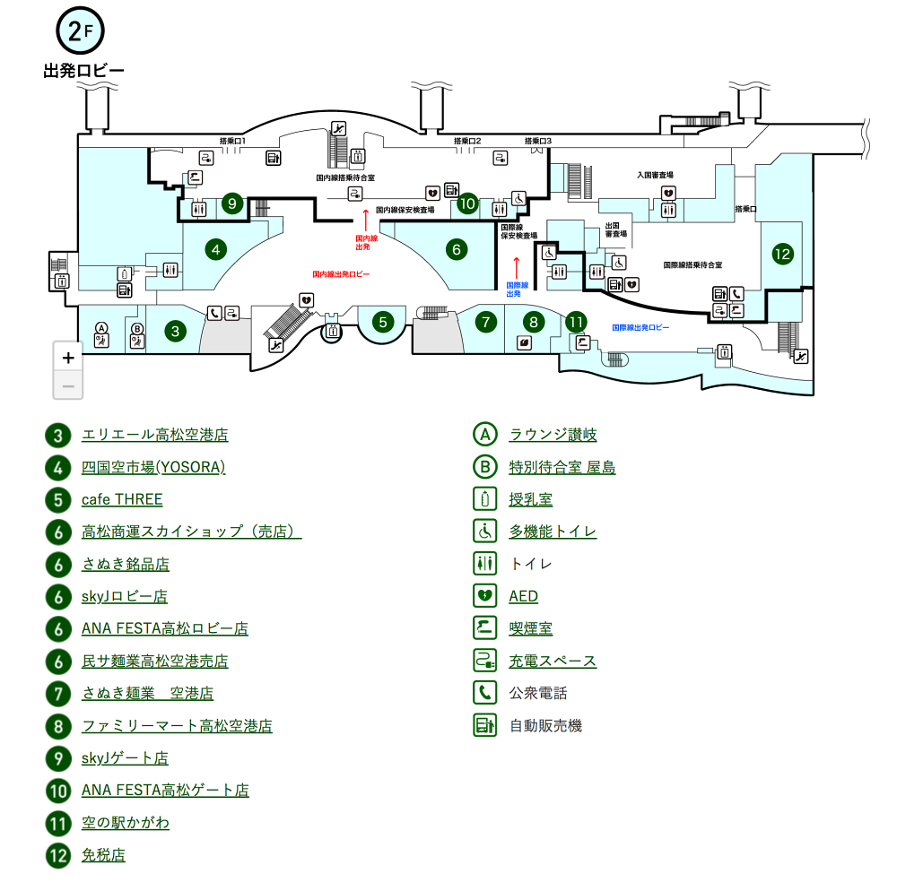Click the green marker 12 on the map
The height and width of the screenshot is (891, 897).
(782, 254)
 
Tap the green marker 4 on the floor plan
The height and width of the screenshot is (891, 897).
(214, 248)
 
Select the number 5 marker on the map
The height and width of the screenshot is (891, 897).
(383, 321)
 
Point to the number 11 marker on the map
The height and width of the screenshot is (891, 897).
(576, 321)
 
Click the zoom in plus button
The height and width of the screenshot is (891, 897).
(68, 356)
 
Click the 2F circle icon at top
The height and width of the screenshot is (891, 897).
(81, 32)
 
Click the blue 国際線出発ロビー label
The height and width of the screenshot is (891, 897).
(640, 328)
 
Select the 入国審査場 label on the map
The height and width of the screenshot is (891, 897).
(655, 176)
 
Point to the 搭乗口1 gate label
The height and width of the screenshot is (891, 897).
(232, 141)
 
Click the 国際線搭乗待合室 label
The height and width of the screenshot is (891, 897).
(692, 265)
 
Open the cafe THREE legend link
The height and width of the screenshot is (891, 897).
(122, 499)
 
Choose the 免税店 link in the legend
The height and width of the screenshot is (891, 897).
(103, 854)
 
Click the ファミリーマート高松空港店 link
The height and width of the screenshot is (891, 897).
(177, 725)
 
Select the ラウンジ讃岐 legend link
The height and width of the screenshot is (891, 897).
(553, 435)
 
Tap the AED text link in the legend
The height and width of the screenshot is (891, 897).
(523, 596)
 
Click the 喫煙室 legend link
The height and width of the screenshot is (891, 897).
(531, 628)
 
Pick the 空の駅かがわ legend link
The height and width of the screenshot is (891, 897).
(125, 822)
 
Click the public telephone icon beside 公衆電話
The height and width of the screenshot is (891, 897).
(484, 693)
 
